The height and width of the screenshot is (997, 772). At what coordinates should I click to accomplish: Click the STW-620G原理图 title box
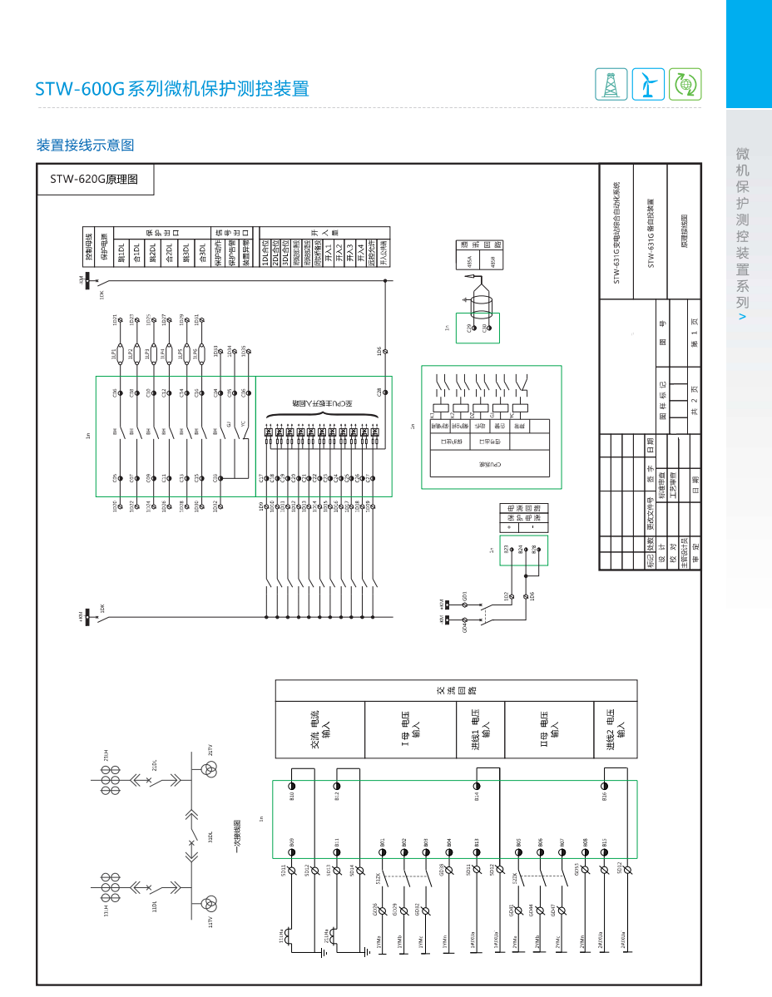point(96,179)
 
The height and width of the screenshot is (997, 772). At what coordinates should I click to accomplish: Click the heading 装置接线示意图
point(85,145)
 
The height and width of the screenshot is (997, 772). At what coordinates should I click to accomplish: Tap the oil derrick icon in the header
point(611,83)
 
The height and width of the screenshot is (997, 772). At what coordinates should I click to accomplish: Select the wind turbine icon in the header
point(648,83)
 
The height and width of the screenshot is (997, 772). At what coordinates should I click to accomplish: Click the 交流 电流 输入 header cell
point(320,729)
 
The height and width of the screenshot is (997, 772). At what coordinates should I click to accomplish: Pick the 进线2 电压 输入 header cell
point(616,729)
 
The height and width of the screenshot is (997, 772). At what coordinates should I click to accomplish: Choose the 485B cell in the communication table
point(492,261)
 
